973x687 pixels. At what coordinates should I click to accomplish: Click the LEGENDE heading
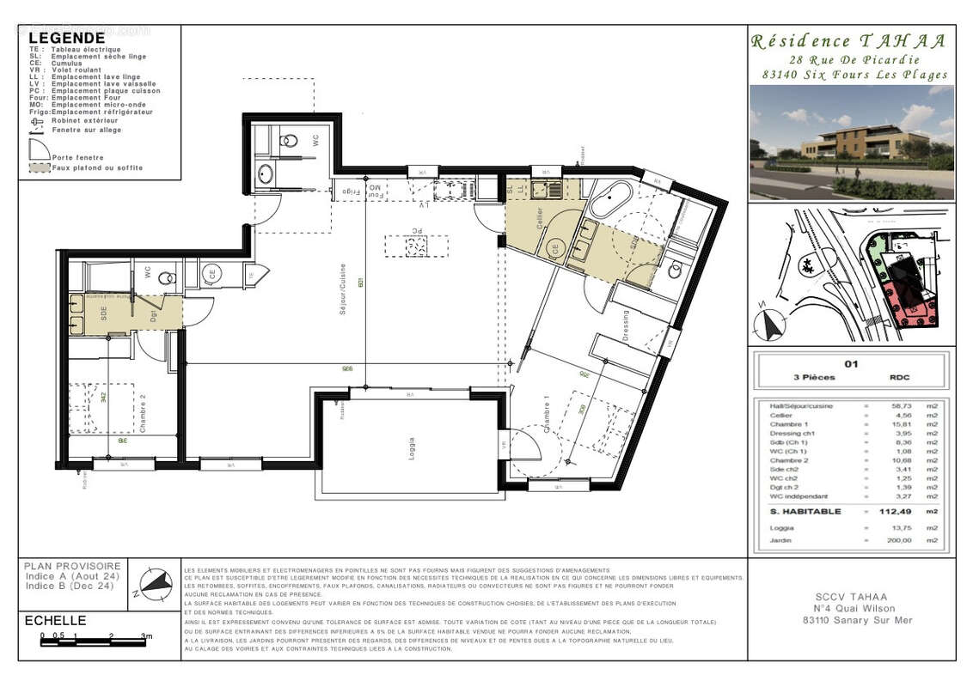pyautogui.click(x=67, y=39)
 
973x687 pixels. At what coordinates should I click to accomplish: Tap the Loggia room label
pyautogui.click(x=411, y=449)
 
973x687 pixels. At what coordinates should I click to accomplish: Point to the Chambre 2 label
pyautogui.click(x=144, y=414)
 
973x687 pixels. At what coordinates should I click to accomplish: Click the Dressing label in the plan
pyautogui.click(x=625, y=325)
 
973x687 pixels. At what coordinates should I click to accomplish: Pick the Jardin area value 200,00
pyautogui.click(x=886, y=541)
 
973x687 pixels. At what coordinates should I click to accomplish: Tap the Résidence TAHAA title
pyautogui.click(x=850, y=41)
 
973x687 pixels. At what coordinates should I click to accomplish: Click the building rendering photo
pyautogui.click(x=851, y=143)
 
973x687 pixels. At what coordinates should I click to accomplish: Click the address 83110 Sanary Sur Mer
pyautogui.click(x=851, y=620)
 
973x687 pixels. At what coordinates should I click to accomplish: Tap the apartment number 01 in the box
pyautogui.click(x=851, y=363)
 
